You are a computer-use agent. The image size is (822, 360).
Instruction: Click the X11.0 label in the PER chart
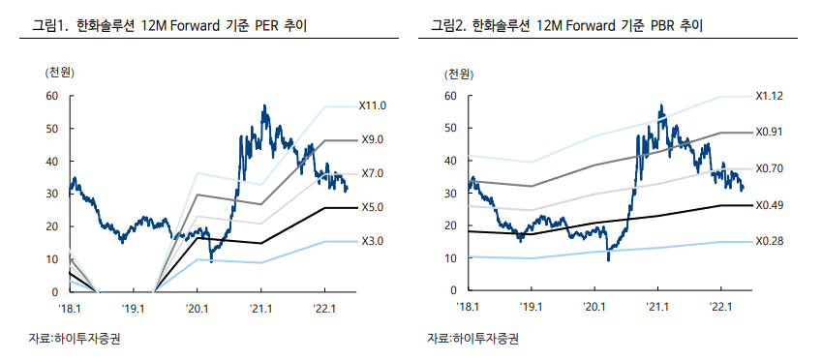[373, 105]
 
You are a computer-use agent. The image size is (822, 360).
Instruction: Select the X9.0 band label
[373, 140]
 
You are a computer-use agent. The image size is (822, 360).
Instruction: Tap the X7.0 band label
[373, 173]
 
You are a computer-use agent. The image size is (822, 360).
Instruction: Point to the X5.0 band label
[373, 207]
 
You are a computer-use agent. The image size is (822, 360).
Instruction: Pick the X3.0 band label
[373, 241]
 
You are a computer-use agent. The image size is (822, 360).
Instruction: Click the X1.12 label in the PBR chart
[770, 96]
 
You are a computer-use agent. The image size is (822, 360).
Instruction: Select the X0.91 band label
[770, 133]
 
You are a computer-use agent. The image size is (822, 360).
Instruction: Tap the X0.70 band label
[770, 168]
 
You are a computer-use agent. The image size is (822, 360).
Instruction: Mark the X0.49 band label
[770, 205]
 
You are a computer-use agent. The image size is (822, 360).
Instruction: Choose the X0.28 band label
[770, 241]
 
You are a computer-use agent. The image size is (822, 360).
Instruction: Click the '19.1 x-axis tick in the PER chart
[134, 308]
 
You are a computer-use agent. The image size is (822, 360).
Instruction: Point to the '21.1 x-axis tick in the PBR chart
[657, 308]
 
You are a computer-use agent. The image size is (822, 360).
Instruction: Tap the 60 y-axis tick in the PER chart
[51, 96]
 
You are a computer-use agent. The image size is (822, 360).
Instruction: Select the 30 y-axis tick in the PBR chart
[449, 194]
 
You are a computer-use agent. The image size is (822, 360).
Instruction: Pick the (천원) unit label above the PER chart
[59, 74]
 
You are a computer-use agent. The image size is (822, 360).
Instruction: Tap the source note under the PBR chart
[473, 339]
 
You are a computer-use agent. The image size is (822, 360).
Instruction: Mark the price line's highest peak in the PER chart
[264, 105]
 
